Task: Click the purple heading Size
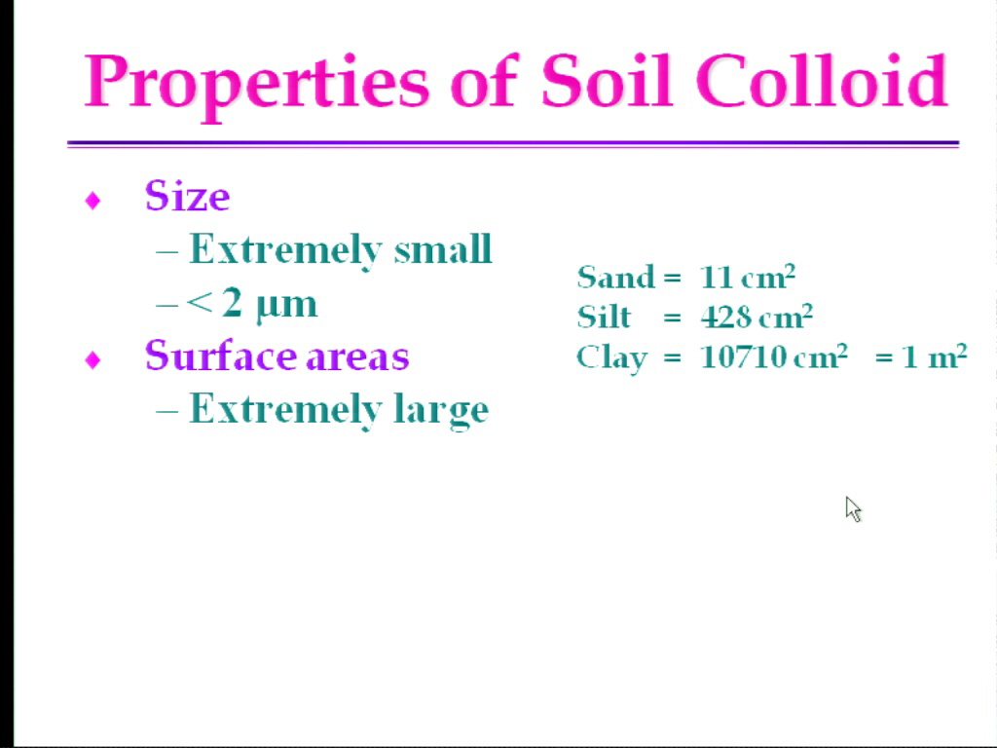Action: coord(187,196)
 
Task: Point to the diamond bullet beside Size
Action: coord(92,201)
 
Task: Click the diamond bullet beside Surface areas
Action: coord(92,360)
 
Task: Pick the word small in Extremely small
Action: coord(443,248)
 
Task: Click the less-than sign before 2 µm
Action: coord(199,304)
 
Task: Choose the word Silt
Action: coord(604,317)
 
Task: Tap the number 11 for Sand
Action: coord(716,278)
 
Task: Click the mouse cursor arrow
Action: coord(853,509)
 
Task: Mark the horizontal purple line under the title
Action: coord(512,144)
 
